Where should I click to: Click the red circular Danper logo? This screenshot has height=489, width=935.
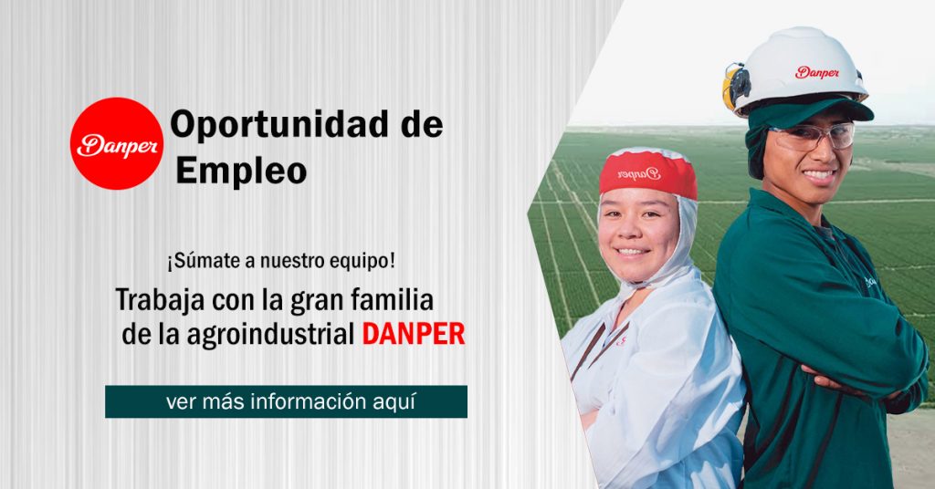[x=117, y=143]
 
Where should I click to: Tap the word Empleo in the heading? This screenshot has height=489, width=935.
[x=241, y=171]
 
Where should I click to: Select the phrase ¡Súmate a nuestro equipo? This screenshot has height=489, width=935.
[x=280, y=261]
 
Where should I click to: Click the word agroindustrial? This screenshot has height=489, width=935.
[x=270, y=334]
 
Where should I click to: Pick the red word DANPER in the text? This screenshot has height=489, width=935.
[x=414, y=334]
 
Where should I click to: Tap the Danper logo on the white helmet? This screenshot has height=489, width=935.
[x=817, y=73]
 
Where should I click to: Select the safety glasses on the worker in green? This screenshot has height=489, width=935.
[x=812, y=137]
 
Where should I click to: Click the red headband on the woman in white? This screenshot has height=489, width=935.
[x=648, y=173]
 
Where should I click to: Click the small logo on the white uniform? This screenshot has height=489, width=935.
[x=621, y=340]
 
